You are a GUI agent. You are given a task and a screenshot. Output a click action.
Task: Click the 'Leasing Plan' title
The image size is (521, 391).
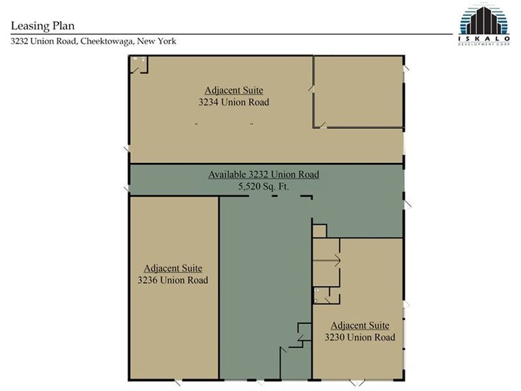click(43, 26)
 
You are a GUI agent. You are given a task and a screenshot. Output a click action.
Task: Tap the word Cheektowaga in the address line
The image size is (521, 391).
click(107, 41)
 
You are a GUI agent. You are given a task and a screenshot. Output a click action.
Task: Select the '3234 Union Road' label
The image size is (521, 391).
click(234, 102)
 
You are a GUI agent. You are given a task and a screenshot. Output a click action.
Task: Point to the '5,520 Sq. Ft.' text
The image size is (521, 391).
click(263, 186)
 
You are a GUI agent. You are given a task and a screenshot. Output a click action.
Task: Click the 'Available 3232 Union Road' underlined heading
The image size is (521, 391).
click(264, 174)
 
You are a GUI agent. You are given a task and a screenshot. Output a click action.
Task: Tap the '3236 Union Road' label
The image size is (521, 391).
click(173, 281)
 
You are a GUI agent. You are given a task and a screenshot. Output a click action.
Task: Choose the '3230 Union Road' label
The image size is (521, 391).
click(360, 338)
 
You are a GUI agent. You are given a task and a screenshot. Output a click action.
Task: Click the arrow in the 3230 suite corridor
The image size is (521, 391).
click(327, 261)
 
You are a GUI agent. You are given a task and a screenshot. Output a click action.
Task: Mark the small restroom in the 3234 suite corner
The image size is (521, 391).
click(138, 65)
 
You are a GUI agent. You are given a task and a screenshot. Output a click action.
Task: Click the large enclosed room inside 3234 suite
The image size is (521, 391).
click(358, 92)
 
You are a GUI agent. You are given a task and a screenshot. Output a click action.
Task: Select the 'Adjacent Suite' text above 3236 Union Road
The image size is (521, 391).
click(173, 269)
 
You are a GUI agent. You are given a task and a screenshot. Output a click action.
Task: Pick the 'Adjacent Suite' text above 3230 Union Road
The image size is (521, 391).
click(360, 326)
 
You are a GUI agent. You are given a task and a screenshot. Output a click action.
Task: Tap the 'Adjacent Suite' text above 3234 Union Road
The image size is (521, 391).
click(234, 90)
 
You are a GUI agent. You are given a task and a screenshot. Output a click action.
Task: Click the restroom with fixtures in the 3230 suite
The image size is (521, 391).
click(322, 295)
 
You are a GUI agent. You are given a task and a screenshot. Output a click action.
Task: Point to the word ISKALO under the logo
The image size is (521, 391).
click(484, 39)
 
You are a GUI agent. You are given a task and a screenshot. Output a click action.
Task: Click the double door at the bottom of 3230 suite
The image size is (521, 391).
click(357, 382)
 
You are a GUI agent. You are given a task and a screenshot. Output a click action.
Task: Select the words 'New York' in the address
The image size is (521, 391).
click(157, 41)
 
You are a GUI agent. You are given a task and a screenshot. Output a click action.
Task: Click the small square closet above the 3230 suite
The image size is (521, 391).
click(320, 231)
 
